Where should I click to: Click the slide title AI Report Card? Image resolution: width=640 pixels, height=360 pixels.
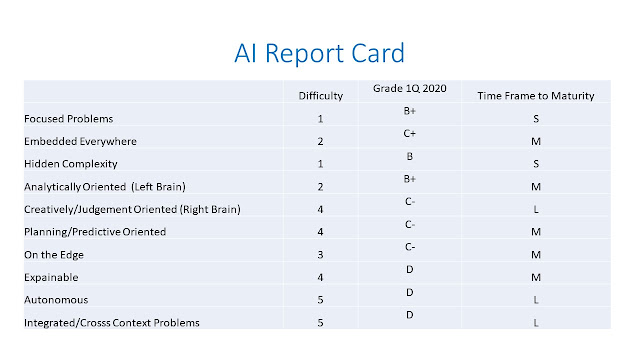pos(319,53)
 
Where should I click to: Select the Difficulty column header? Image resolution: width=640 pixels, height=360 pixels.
pos(321,96)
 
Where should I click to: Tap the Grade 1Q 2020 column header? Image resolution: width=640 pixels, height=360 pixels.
pos(409,89)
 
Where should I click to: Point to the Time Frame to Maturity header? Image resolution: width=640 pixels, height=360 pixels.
pos(538,96)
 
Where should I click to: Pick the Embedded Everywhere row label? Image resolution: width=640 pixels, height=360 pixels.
pos(73,142)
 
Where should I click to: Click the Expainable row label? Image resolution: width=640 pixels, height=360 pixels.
pos(52,276)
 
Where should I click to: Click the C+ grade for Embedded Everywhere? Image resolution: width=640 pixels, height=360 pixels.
pos(410,134)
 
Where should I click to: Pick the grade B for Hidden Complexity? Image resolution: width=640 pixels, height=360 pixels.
pos(410,157)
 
